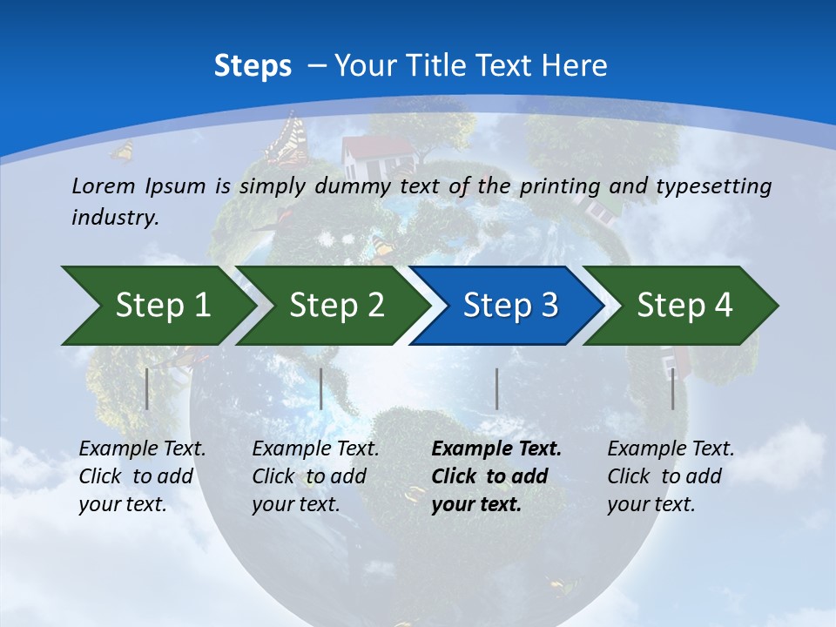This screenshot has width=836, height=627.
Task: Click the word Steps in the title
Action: (253, 66)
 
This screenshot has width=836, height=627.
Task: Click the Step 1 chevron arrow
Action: (157, 306)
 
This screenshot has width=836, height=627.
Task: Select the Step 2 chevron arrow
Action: (335, 306)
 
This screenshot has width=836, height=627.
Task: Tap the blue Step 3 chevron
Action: (509, 306)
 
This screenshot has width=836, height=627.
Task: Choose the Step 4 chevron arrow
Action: (684, 306)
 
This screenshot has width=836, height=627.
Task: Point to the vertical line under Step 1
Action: (147, 388)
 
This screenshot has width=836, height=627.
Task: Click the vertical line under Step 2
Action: (321, 388)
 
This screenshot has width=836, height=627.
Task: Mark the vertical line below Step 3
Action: (496, 388)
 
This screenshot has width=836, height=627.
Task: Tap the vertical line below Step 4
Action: (672, 388)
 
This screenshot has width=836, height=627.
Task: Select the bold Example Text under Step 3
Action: (496, 476)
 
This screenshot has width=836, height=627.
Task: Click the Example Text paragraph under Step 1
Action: (142, 476)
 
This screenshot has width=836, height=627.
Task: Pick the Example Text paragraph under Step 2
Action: (315, 476)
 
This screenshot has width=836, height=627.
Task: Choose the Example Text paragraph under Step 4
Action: (671, 476)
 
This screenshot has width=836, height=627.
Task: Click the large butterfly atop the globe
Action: (287, 139)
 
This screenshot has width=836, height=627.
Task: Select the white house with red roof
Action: (374, 152)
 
